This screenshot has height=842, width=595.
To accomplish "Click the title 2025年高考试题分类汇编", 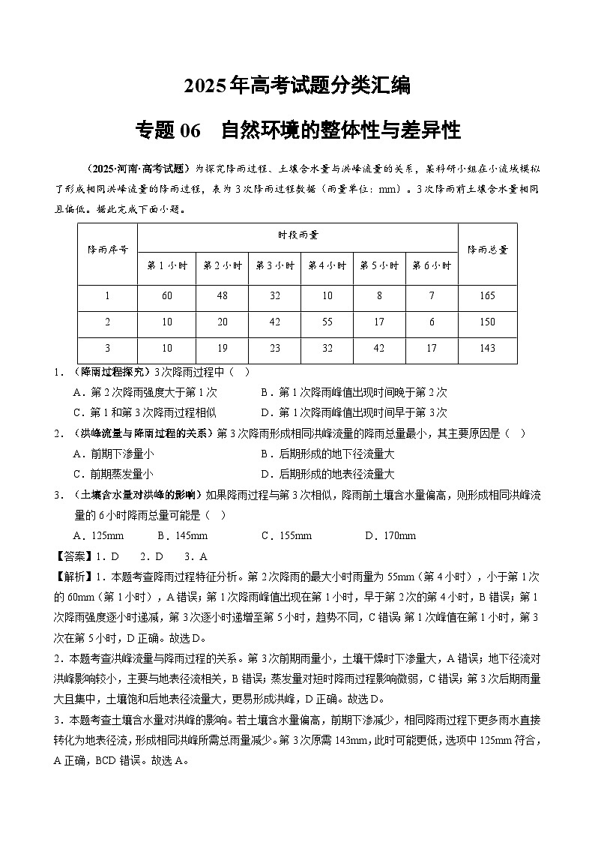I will [x=297, y=86].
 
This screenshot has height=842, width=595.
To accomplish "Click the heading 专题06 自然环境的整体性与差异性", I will [x=297, y=131].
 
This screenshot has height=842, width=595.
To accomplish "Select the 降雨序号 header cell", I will [x=107, y=250].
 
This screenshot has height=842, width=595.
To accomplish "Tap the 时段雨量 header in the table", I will [x=297, y=235].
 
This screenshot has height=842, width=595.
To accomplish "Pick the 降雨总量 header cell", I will [x=487, y=250].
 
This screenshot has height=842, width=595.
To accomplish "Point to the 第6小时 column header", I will [x=432, y=265].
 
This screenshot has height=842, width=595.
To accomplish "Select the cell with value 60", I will [x=166, y=296].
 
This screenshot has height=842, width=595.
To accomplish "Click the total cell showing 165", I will [x=487, y=296].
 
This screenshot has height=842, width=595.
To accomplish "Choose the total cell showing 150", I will [x=487, y=322].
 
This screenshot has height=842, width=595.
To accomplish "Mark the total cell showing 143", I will [x=487, y=349].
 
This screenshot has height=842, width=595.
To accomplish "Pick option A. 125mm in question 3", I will [x=98, y=536].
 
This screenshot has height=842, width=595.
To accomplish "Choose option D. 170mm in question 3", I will [x=390, y=536].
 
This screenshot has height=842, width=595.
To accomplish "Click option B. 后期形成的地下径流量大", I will [x=327, y=454].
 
